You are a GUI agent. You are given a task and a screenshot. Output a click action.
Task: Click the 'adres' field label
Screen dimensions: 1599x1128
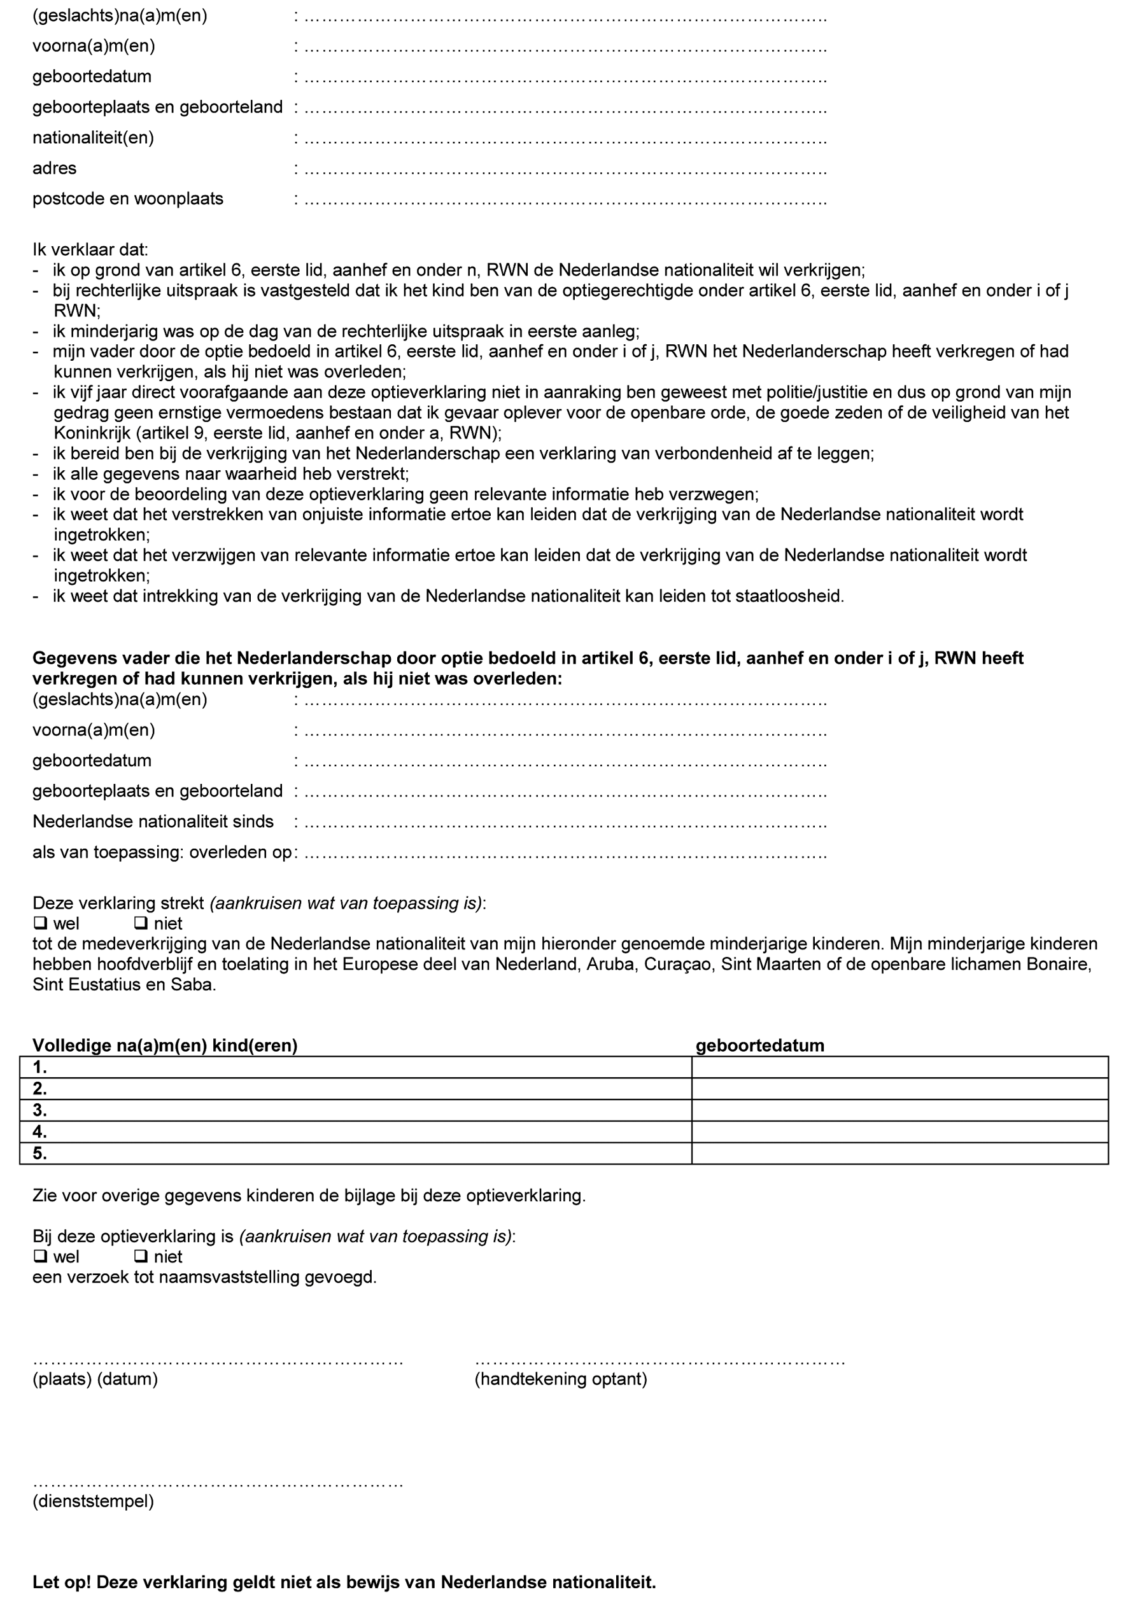[54, 168]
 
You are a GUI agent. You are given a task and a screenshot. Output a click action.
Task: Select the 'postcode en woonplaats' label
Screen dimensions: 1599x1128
[127, 199]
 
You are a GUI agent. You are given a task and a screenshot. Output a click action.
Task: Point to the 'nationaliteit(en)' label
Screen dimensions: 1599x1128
[93, 137]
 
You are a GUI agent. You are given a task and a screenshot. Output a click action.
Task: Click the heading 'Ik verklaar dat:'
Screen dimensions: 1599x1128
[90, 249]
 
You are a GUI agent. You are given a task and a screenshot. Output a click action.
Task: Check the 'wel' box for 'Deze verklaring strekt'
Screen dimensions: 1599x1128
[40, 923]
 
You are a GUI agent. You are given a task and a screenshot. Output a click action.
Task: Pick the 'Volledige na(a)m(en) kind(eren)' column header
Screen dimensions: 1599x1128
[165, 1045]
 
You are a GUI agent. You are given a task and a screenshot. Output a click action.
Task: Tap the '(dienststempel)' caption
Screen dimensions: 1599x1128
[93, 1501]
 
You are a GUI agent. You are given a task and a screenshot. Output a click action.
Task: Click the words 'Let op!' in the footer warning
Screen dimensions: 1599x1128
[61, 1582]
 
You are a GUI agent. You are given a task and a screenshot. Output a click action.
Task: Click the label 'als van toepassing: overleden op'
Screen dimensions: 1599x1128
[162, 852]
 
